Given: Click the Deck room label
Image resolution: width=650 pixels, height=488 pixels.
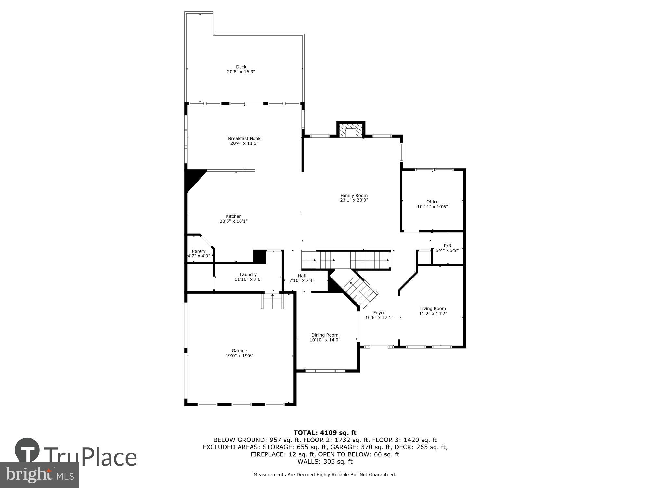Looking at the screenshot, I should tap(241, 67).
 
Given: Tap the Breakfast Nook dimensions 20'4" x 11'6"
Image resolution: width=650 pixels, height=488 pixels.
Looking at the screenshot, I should tap(244, 143).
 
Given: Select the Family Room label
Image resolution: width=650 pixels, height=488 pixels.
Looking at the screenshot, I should tap(354, 196).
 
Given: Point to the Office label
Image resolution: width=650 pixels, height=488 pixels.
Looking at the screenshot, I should tap(432, 202).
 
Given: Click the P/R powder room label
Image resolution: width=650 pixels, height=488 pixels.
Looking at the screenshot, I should tap(447, 246).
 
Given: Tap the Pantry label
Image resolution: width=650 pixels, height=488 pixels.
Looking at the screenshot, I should tap(199, 251).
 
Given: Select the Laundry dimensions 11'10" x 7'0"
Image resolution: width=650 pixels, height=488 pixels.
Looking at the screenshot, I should tap(248, 279).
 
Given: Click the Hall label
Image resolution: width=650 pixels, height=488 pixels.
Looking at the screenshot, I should tap(302, 276).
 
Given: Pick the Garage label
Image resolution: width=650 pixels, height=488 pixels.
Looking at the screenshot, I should tap(239, 351).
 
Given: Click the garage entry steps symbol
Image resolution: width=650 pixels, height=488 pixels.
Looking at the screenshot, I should tap(272, 301).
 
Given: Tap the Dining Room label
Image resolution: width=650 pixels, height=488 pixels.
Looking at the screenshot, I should tap(325, 335).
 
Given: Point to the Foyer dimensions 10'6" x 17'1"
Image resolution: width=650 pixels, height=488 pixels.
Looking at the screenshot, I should tap(379, 318).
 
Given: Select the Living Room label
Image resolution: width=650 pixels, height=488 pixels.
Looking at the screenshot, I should tap(433, 309).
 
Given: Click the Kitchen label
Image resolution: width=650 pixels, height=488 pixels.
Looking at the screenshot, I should tap(234, 216).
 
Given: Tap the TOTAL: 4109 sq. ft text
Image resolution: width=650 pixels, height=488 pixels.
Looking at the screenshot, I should tap(325, 433).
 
